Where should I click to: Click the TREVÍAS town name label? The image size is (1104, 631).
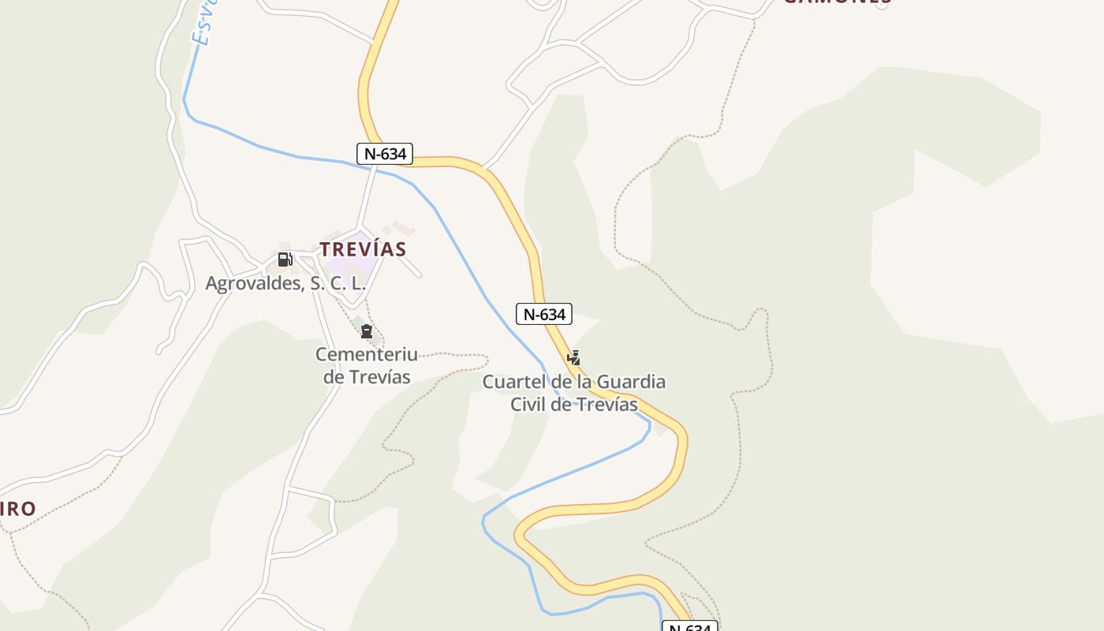pos(363,249)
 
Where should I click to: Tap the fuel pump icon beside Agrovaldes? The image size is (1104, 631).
pos(285,259)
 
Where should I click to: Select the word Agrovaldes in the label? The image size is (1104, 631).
pos(252,283)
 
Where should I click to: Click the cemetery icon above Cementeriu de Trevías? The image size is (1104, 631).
pos(366,331)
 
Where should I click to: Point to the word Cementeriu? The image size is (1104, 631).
pos(367,355)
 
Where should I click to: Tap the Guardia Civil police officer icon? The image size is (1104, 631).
pos(574,357)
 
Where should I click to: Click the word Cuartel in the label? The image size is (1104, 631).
pos(509,383)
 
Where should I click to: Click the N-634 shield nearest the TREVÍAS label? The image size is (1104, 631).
pos(385,154)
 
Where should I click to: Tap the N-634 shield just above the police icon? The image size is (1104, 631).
pos(543,314)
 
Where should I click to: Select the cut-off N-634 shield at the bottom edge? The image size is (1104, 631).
pos(690,627)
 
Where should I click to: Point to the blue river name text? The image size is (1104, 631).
pos(203,24)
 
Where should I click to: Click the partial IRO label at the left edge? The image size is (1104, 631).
pos(17,509)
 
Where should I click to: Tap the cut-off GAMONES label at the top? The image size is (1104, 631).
pos(837,2)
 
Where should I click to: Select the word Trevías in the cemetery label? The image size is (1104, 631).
pos(379,377)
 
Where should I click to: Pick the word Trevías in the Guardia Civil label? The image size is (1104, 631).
pos(606,405)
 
